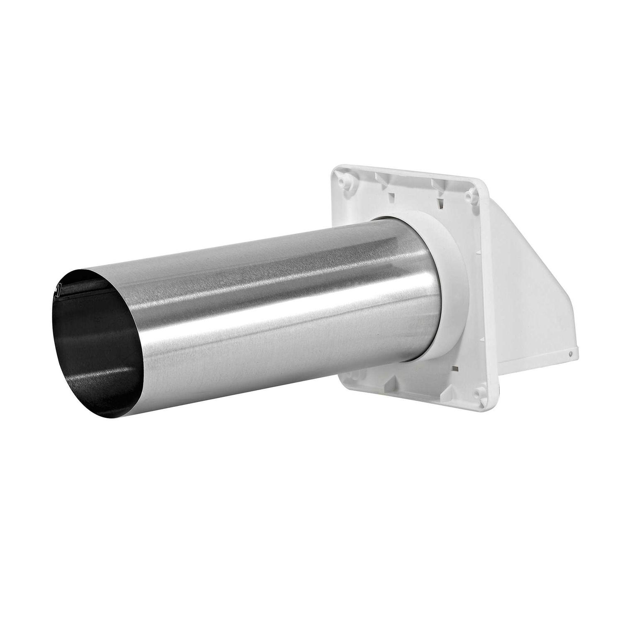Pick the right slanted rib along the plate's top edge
tap(435, 184)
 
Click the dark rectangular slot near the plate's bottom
tap(455, 368)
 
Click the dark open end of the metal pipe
tap(95, 332)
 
